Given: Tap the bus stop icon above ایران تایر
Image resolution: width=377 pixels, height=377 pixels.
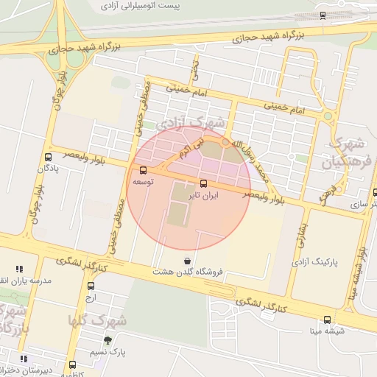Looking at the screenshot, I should click(x=203, y=183).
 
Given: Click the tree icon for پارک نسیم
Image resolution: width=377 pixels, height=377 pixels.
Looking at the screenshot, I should click(x=108, y=340).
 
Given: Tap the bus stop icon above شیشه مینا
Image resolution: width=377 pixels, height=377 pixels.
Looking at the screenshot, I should click(x=327, y=319).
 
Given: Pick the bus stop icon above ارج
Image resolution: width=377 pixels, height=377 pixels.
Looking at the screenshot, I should click(x=91, y=286).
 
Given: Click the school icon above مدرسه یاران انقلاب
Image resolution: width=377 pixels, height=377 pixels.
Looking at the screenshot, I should click(x=19, y=269).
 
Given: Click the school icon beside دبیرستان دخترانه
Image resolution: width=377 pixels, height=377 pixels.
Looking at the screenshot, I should click(x=24, y=359).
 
